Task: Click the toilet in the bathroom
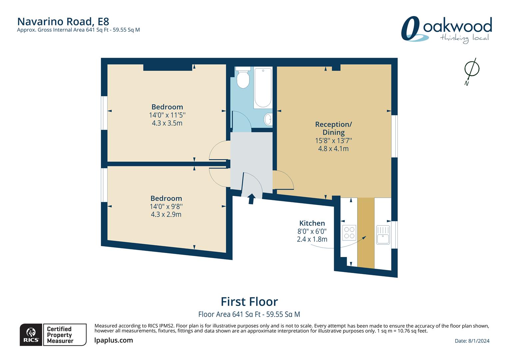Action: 243,78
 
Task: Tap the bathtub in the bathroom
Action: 263,88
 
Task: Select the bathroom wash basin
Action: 267,119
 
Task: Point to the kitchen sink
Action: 383,235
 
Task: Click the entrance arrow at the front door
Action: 251,198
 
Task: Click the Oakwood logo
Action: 446,29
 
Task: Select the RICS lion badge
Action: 31,335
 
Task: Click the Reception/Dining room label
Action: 333,128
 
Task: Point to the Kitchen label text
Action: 312,223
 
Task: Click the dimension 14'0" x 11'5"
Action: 167,115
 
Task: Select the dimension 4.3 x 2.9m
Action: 166,214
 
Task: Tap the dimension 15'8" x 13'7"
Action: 333,141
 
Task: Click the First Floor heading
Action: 249,302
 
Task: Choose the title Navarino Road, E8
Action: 63,21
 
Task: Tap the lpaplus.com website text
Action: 114,340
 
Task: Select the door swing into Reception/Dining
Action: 283,180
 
